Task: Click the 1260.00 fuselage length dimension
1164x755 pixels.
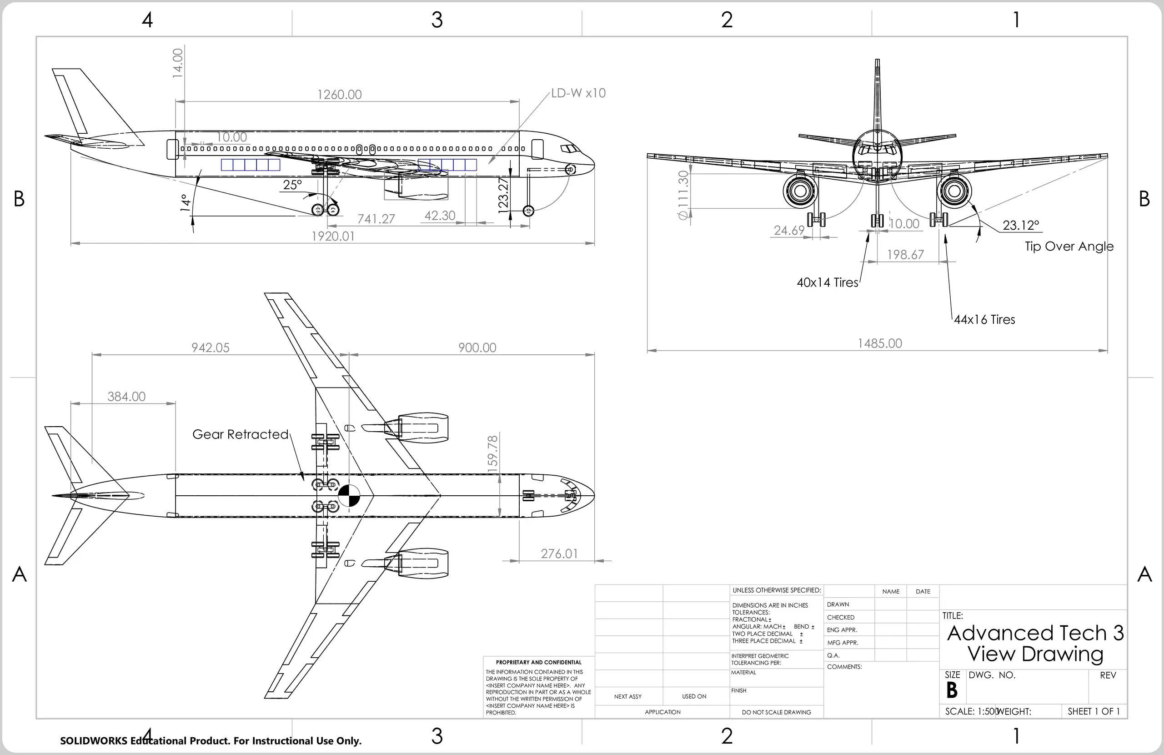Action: tap(339, 95)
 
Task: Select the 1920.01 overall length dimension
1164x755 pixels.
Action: tap(333, 237)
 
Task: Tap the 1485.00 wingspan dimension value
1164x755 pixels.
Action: tap(879, 343)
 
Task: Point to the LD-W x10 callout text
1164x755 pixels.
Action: tap(578, 93)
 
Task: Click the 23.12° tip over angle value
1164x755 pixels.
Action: tap(1021, 225)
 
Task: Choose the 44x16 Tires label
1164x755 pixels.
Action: tap(984, 320)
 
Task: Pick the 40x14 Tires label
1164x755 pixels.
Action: tap(827, 282)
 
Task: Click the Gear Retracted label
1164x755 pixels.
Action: tap(240, 434)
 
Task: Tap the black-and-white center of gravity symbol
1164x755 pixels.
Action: tap(349, 496)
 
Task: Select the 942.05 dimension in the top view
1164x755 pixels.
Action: tap(211, 347)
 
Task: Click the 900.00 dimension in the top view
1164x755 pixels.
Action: tap(477, 347)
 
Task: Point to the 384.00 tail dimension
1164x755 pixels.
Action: tap(126, 396)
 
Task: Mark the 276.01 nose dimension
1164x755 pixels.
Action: tap(559, 554)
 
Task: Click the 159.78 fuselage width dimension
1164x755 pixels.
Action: tap(492, 453)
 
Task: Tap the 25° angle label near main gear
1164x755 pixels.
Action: tap(292, 185)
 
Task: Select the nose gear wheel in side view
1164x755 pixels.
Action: tap(528, 211)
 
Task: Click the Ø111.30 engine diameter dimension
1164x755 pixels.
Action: tap(683, 195)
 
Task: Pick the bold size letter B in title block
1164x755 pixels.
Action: tap(951, 690)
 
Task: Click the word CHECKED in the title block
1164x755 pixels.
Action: tap(841, 618)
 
